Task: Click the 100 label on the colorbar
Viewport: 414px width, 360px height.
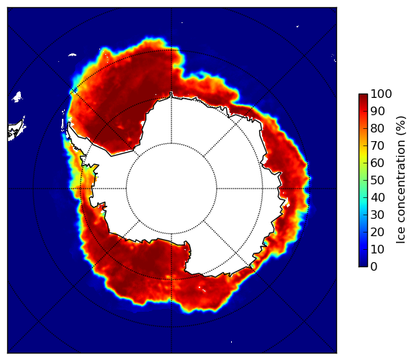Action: pyautogui.click(x=382, y=94)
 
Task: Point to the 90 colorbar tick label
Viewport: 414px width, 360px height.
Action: pyautogui.click(x=377, y=111)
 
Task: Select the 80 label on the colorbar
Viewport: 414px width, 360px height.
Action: pyautogui.click(x=377, y=129)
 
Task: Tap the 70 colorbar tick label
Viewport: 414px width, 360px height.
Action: pyautogui.click(x=377, y=145)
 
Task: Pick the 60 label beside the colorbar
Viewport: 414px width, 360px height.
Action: pyautogui.click(x=377, y=163)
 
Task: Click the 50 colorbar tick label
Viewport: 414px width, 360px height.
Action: pyautogui.click(x=377, y=181)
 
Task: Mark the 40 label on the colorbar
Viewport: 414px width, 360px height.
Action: pyautogui.click(x=377, y=197)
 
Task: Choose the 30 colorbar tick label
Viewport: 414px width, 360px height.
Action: pyautogui.click(x=377, y=215)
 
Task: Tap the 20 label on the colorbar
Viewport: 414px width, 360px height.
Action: pyautogui.click(x=377, y=232)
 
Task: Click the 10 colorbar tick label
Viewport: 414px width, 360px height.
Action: pyautogui.click(x=377, y=249)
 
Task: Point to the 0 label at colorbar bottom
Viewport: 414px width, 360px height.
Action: pyautogui.click(x=374, y=267)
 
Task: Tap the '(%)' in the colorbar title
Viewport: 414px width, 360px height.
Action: pyautogui.click(x=401, y=127)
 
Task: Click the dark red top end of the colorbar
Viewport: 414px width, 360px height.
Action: pyautogui.click(x=363, y=96)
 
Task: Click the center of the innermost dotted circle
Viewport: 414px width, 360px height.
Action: pyautogui.click(x=171, y=189)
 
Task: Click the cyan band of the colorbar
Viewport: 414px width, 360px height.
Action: pyautogui.click(x=363, y=202)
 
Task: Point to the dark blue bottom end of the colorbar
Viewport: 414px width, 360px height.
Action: pyautogui.click(x=363, y=264)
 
